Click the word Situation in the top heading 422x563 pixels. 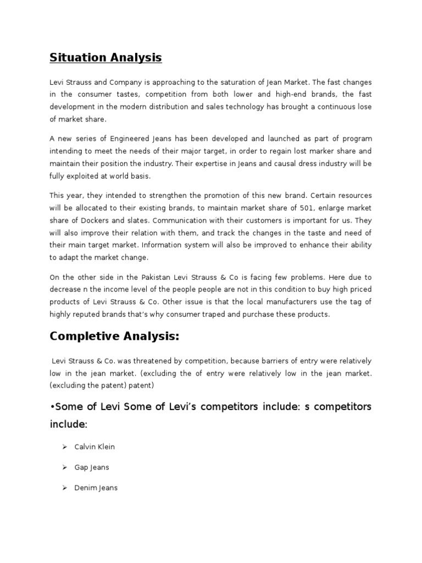click(x=77, y=57)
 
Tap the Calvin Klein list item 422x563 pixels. click(x=95, y=447)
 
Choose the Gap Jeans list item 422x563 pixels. click(x=92, y=467)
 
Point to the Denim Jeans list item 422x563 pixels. click(x=96, y=488)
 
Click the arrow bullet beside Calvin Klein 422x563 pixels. click(x=64, y=447)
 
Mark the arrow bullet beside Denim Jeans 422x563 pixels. click(x=64, y=488)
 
